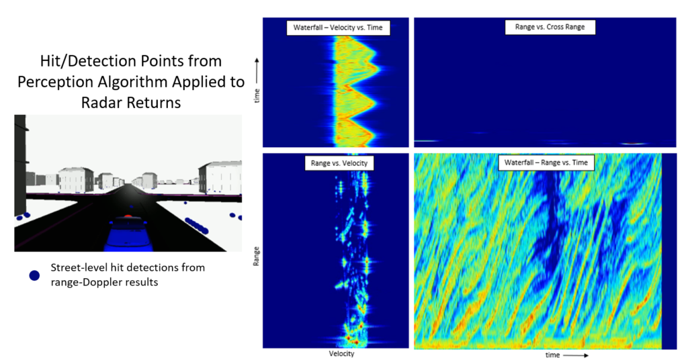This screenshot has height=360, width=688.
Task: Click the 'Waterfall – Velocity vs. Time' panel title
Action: tap(339, 28)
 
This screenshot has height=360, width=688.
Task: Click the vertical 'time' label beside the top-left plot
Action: tap(256, 98)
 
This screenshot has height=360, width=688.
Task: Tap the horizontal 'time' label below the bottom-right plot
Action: tap(552, 355)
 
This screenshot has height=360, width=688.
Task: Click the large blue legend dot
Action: tap(34, 275)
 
